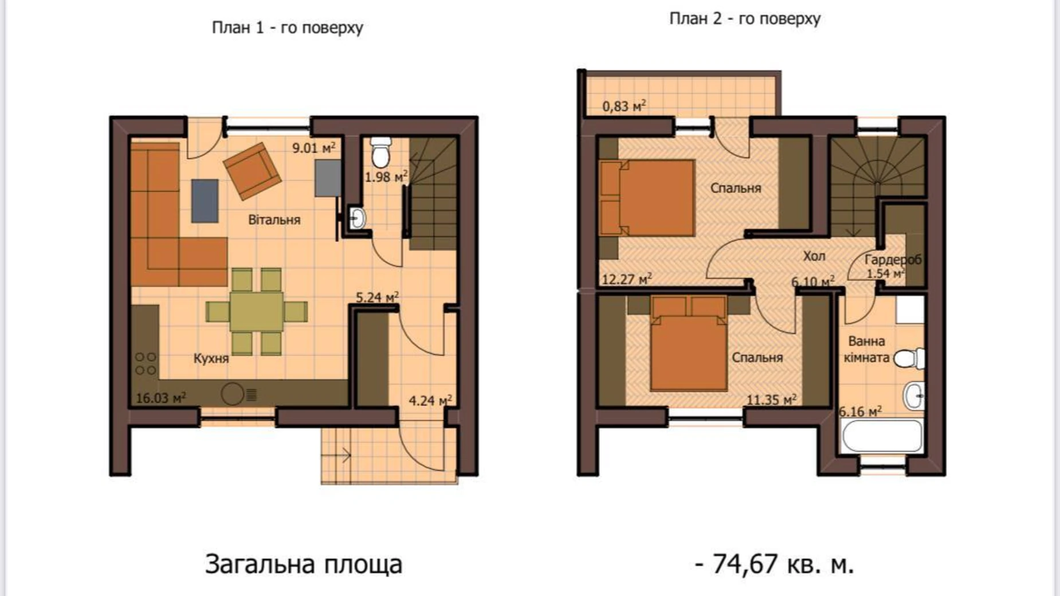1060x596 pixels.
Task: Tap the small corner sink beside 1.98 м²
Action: tap(357, 218)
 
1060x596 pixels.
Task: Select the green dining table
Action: tap(257, 311)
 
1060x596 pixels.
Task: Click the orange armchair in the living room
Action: tap(252, 171)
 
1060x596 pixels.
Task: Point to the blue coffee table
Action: tap(205, 201)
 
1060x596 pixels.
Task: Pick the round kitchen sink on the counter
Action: tap(233, 394)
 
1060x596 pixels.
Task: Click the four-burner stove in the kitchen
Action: tap(146, 363)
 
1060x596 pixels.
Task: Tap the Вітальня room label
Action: tap(274, 219)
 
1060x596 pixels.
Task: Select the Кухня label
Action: tap(211, 359)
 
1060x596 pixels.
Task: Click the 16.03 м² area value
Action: tap(161, 398)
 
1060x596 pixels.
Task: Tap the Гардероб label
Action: tap(893, 260)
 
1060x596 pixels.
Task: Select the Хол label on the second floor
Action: tap(814, 256)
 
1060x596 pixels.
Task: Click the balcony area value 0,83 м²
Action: tap(625, 106)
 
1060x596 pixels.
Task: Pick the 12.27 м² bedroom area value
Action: tap(627, 279)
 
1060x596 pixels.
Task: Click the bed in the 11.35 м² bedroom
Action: tap(689, 343)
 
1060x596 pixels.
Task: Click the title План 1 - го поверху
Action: tap(288, 28)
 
